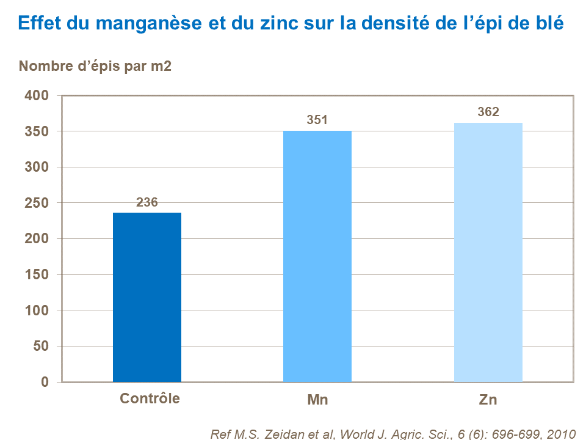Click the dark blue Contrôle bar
pyautogui.click(x=147, y=297)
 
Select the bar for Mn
pyautogui.click(x=317, y=256)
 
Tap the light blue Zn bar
pyautogui.click(x=488, y=252)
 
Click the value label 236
pyautogui.click(x=147, y=202)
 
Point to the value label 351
pyautogui.click(x=317, y=120)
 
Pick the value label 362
pyautogui.click(x=488, y=112)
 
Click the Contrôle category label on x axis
pyautogui.click(x=150, y=398)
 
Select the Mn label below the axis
pyautogui.click(x=317, y=400)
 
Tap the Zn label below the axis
pyautogui.click(x=488, y=400)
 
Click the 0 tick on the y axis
pyautogui.click(x=45, y=382)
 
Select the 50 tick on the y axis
pyautogui.click(x=40, y=346)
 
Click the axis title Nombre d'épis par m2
pyautogui.click(x=95, y=67)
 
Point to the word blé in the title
pyautogui.click(x=549, y=24)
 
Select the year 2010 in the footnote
pyautogui.click(x=562, y=435)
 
